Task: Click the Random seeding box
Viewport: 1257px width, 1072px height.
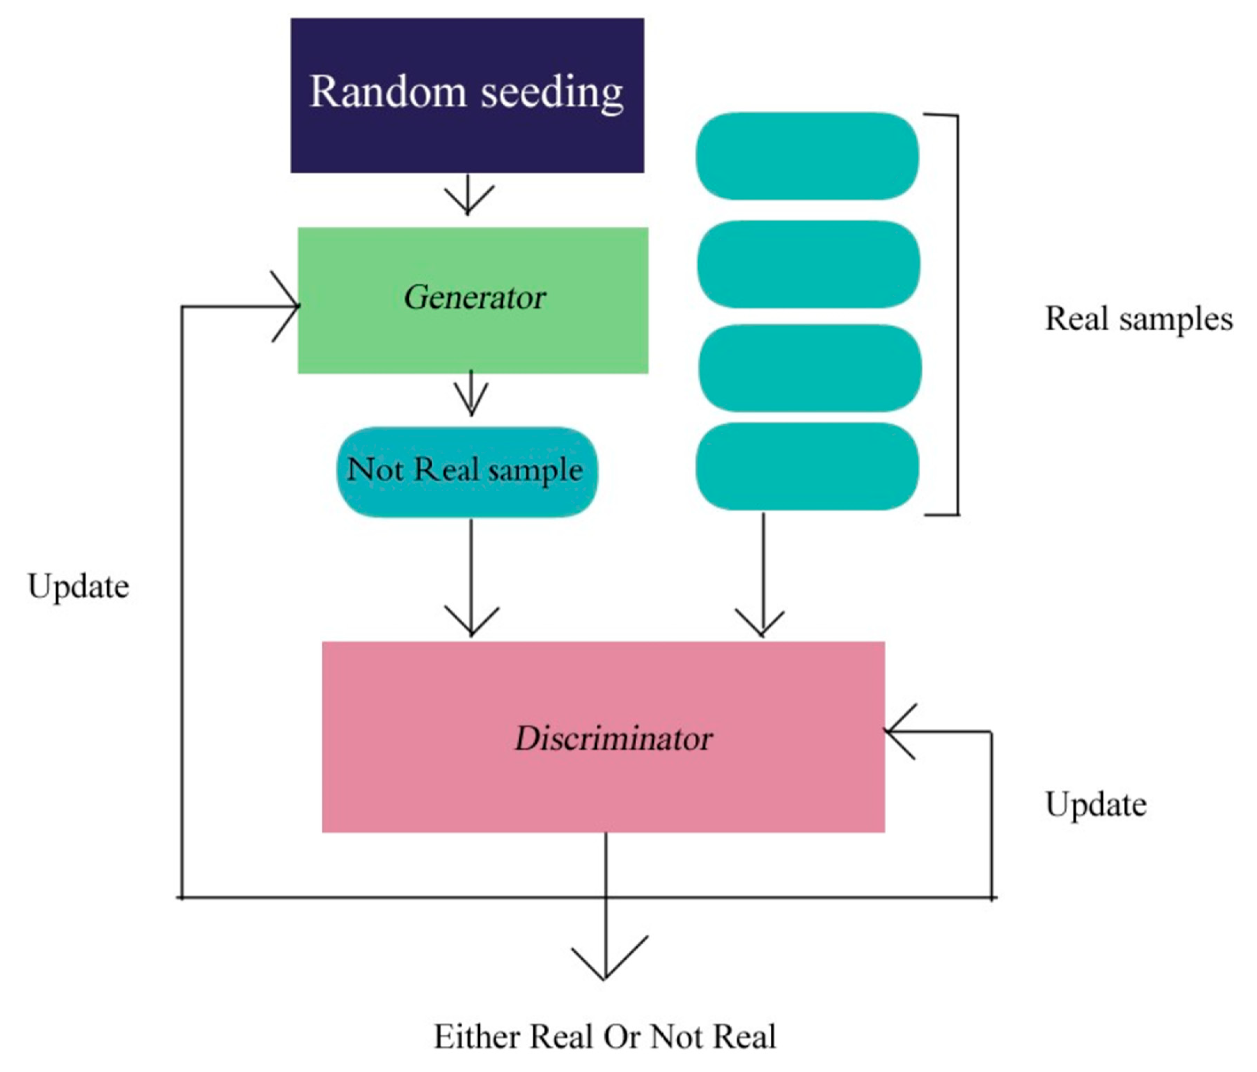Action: click(467, 95)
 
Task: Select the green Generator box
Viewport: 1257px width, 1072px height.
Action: click(473, 300)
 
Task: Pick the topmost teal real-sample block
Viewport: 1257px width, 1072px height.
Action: click(807, 156)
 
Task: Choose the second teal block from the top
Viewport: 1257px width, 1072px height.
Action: click(808, 264)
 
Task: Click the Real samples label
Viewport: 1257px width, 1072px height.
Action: click(1138, 319)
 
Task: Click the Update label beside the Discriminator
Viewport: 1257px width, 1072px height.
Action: click(1095, 805)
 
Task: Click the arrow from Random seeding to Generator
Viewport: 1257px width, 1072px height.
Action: click(468, 195)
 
